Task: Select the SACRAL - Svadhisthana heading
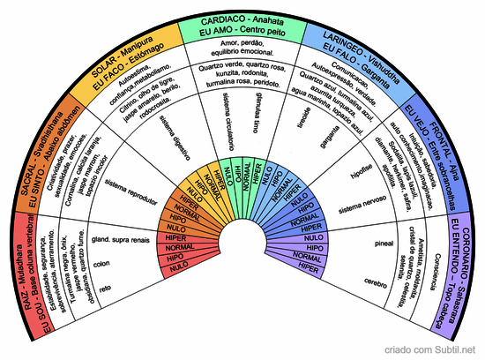coord(44,160)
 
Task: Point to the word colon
coord(101,263)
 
